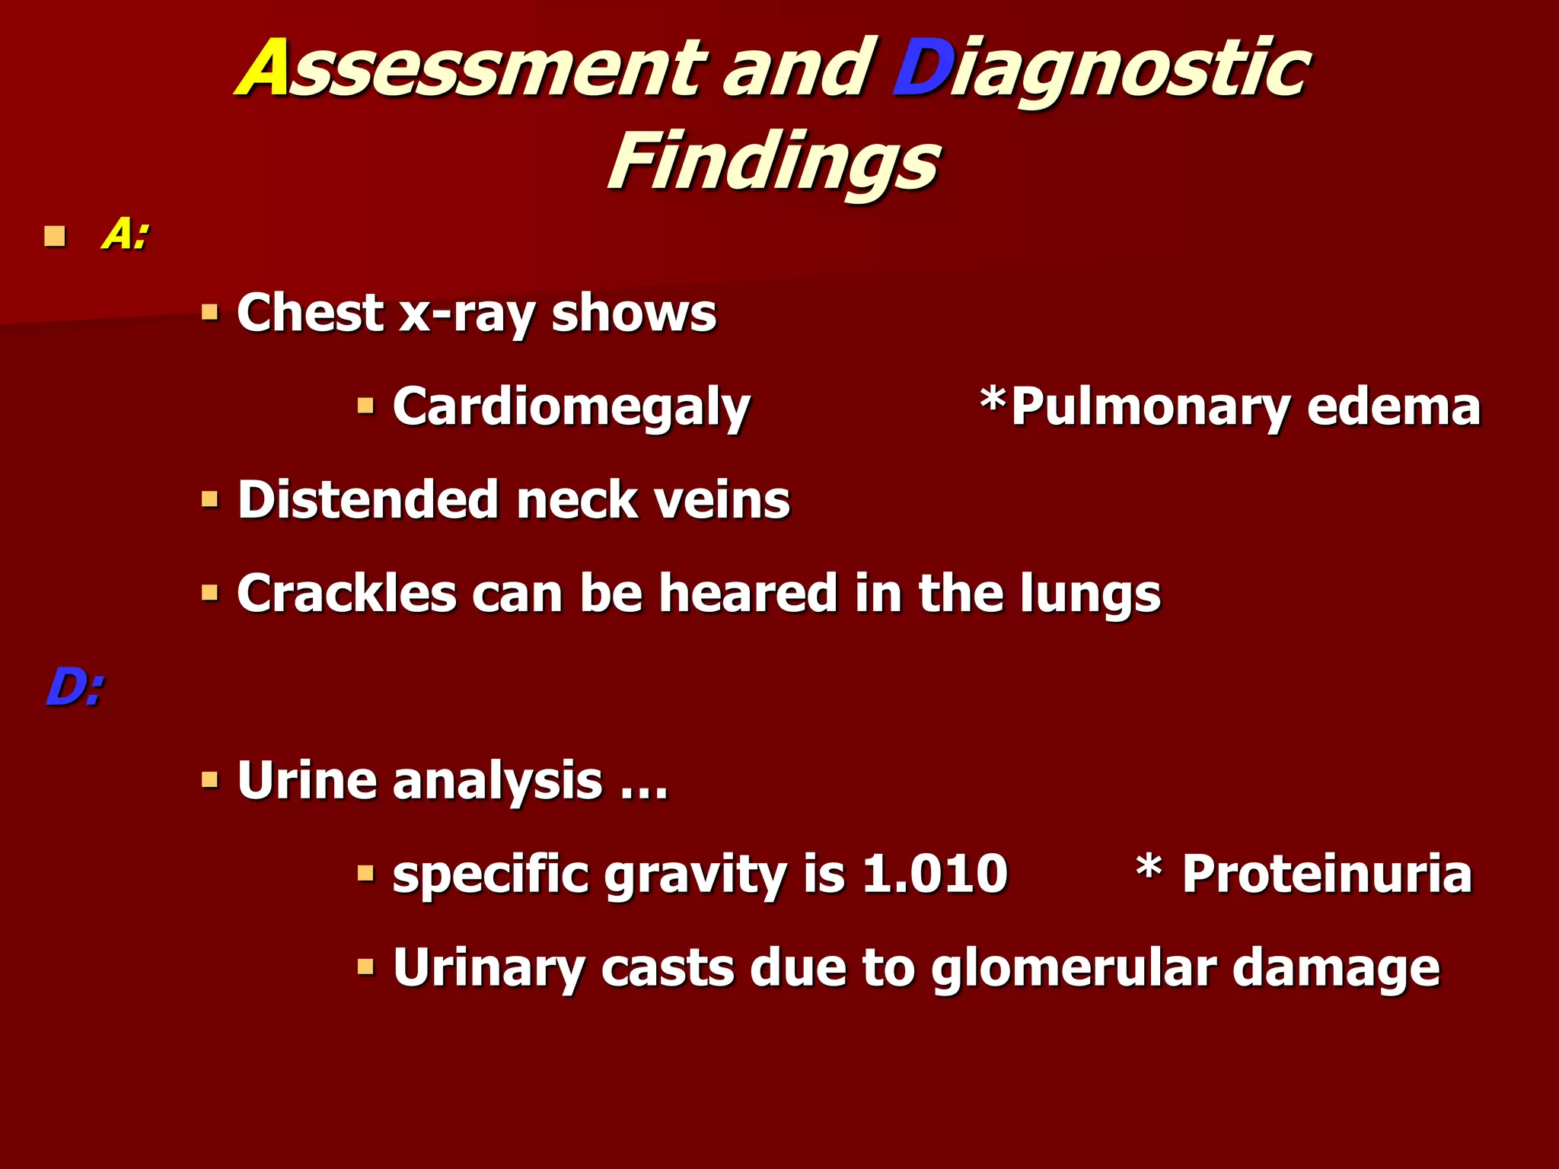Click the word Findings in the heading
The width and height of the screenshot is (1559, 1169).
(x=773, y=161)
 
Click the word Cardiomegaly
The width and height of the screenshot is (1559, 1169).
(x=571, y=407)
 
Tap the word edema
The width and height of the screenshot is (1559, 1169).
(x=1393, y=407)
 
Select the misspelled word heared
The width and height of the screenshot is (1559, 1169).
(x=748, y=594)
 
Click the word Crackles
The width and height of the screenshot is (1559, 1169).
(x=346, y=594)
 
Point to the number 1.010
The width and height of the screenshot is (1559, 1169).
(x=935, y=874)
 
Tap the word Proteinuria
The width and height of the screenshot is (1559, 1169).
(x=1327, y=874)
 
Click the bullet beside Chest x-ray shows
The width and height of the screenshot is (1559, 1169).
(x=209, y=312)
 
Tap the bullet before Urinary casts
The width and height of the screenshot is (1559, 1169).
(x=365, y=967)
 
